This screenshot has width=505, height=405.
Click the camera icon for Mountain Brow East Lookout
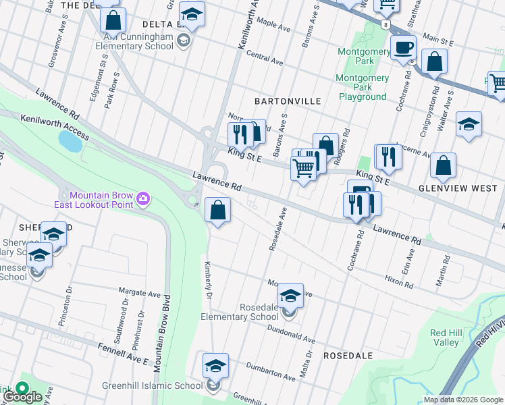142,198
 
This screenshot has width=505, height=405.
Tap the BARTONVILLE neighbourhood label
287,101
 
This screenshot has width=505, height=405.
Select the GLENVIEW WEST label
457,188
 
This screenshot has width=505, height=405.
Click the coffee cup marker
404,48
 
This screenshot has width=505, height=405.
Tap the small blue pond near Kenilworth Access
70,142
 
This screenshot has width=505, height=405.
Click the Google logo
22,396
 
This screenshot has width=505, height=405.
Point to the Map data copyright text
463,400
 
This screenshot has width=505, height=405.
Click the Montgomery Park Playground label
363,87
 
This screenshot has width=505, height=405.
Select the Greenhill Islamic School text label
152,386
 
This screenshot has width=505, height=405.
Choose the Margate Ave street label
140,294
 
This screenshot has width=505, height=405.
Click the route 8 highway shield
384,24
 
